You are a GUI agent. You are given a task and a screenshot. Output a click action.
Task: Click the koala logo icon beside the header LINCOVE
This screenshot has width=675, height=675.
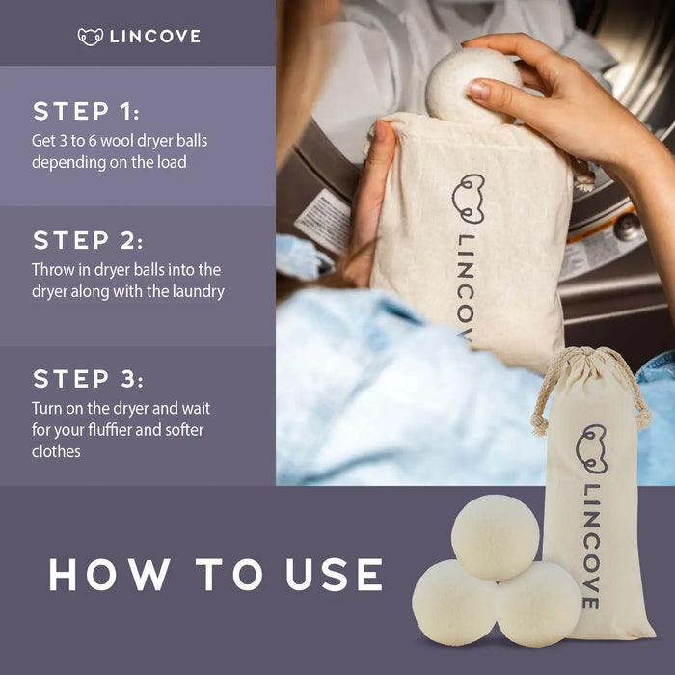[x=91, y=37]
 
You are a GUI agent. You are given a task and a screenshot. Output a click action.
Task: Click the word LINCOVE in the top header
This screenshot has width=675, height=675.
[x=155, y=37]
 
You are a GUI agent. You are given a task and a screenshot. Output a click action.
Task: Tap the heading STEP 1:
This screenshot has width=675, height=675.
[x=86, y=112]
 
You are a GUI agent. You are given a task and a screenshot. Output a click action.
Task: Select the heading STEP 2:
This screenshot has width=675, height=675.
[x=88, y=240]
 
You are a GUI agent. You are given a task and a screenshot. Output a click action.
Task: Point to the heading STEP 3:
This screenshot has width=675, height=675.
[x=89, y=379]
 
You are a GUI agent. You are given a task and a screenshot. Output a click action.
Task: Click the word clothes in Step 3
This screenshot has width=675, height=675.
[x=56, y=451]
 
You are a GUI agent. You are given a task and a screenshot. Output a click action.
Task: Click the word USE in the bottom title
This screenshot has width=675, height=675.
[x=334, y=575]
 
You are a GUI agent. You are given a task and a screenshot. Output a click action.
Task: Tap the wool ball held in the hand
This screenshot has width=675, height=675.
[x=472, y=87]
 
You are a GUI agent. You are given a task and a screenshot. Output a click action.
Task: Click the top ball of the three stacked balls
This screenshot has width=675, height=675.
[x=495, y=538]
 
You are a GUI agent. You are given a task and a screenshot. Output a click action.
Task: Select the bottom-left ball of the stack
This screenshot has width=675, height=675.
[x=454, y=603]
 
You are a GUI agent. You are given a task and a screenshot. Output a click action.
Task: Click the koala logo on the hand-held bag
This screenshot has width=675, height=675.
[x=468, y=199]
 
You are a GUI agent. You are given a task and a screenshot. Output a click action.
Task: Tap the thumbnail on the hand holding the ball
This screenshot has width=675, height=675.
[x=479, y=90]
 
